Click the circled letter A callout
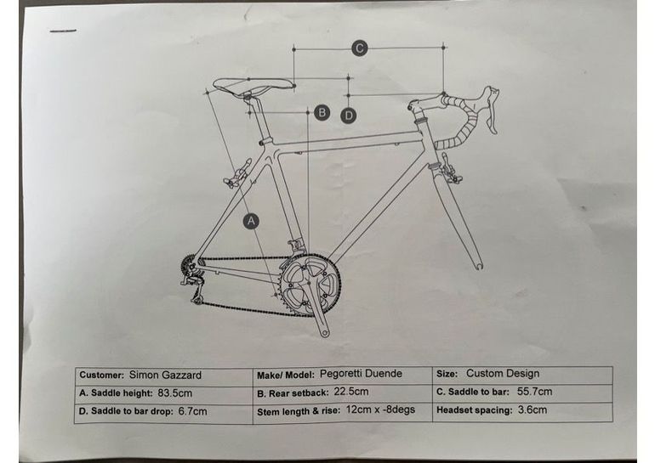[x=251, y=221]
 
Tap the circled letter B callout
[x=322, y=113]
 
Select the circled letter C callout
[x=359, y=48]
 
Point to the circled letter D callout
[x=349, y=116]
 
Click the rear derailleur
[x=193, y=284]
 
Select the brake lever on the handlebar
[x=491, y=110]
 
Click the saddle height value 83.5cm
[x=175, y=393]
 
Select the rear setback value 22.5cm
[x=351, y=392]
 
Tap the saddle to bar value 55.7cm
[x=534, y=392]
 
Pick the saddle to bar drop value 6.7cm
[x=192, y=411]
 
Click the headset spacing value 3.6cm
[x=533, y=409]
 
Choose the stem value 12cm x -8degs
[x=380, y=409]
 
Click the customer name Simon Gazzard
[x=165, y=375]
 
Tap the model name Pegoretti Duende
[x=361, y=373]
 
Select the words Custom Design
[x=503, y=373]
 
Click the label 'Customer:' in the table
[x=102, y=375]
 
